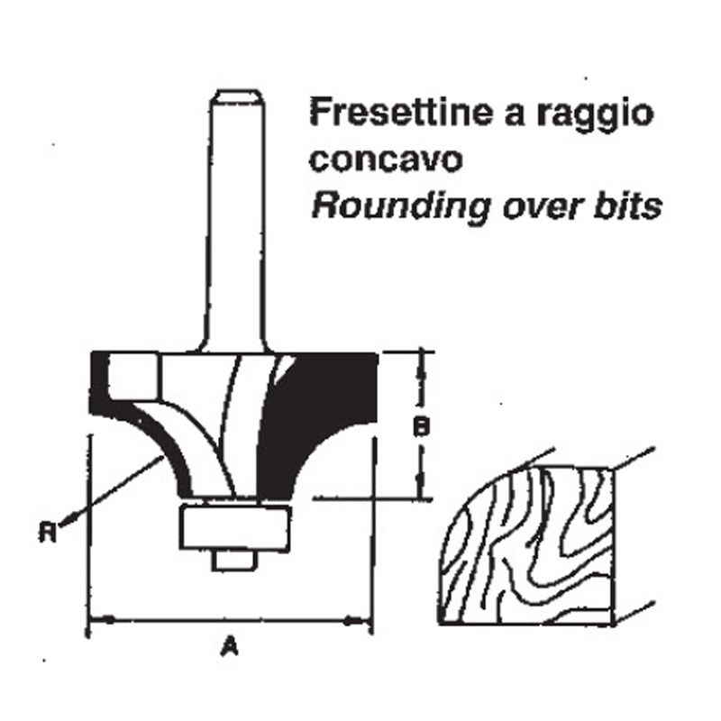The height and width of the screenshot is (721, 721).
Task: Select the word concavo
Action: [386, 160]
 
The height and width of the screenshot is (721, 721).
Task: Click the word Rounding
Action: [399, 207]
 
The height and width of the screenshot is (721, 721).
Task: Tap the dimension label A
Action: [230, 645]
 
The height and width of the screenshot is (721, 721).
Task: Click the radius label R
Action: [48, 533]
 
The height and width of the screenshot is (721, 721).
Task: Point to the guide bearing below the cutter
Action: [234, 527]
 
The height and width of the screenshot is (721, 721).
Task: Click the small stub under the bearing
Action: [233, 560]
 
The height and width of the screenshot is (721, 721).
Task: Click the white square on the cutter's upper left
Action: [132, 377]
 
